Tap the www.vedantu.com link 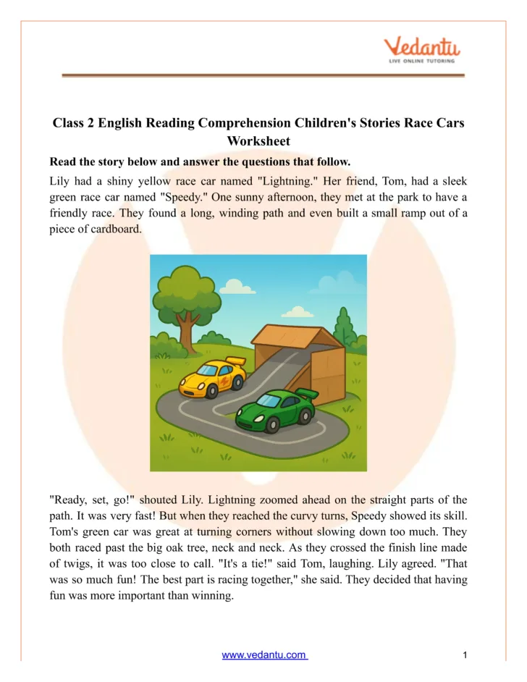264,655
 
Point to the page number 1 465,655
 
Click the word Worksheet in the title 258,141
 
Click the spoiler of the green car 307,394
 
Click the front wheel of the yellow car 212,392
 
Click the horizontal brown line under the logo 263,75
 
